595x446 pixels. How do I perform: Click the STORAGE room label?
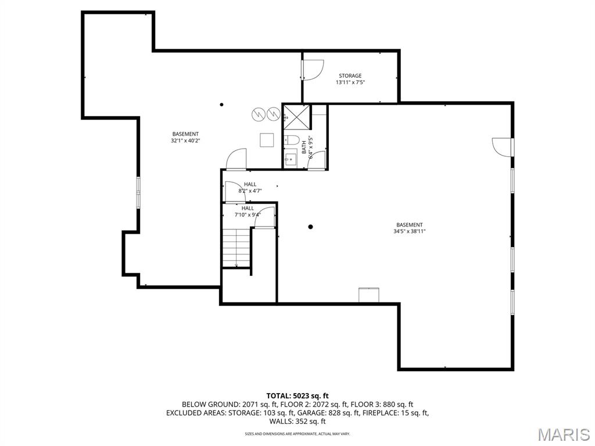350,75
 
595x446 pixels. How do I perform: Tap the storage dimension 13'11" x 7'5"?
350,82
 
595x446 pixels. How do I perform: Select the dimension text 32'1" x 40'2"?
185,141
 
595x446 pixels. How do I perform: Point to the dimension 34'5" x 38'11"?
410,231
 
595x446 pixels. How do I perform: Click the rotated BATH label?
311,148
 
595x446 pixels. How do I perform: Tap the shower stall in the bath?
296,116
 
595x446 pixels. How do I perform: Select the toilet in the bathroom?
291,140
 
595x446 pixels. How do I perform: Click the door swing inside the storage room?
311,70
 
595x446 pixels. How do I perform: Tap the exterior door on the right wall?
503,146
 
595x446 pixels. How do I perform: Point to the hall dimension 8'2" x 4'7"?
250,190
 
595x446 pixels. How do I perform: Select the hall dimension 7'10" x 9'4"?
248,214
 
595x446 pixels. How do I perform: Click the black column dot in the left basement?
221,105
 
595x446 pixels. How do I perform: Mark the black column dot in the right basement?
311,226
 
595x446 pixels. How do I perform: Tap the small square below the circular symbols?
267,141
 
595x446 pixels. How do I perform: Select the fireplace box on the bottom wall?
368,295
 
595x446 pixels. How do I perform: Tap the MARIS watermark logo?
563,434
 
